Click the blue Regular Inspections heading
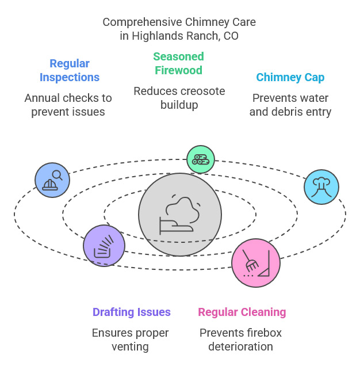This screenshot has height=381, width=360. click(x=70, y=70)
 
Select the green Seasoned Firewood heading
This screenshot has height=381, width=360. click(x=178, y=63)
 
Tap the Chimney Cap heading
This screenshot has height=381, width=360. click(x=290, y=77)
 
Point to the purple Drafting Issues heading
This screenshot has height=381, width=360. click(x=132, y=312)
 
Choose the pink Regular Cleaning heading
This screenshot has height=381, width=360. click(x=242, y=312)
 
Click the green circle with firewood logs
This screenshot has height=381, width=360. click(x=201, y=159)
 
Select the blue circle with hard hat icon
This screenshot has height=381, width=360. click(x=52, y=180)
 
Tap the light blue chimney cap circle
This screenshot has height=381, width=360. click(x=321, y=187)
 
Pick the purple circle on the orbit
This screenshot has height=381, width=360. click(x=104, y=246)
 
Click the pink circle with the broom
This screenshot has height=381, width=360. click(x=256, y=262)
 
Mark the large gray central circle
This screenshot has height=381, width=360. click(x=180, y=215)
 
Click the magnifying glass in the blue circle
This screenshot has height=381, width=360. click(x=58, y=175)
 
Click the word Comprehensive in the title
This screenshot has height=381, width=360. click(x=142, y=22)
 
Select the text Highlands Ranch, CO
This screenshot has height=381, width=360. click(x=185, y=36)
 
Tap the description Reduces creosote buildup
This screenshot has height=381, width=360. click(x=179, y=98)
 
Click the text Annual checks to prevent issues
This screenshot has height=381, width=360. click(x=68, y=105)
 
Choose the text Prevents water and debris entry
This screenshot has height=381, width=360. click(x=290, y=105)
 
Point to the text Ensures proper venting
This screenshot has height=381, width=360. click(x=131, y=340)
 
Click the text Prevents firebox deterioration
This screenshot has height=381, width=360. click(x=240, y=340)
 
